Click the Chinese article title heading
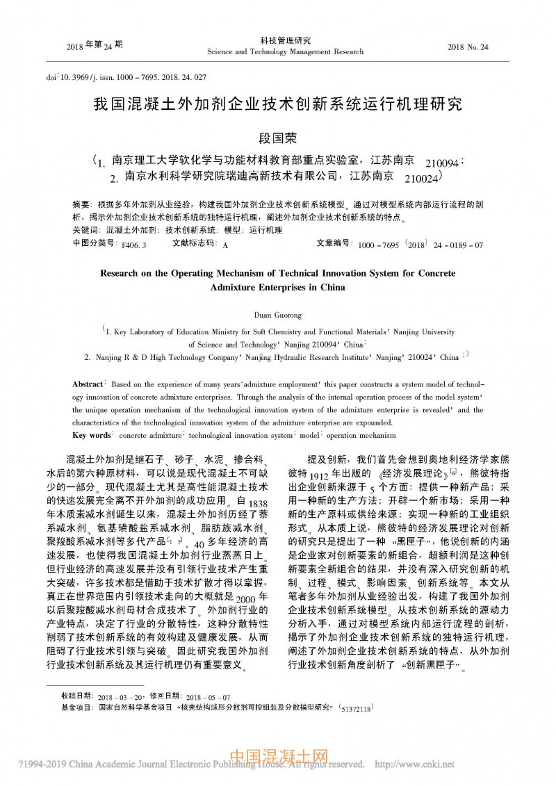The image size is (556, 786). point(278,105)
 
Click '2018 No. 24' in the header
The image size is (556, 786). point(468,47)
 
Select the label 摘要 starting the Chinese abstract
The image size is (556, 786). point(81,206)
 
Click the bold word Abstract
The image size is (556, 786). point(88,384)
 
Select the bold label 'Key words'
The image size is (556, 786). point(92,435)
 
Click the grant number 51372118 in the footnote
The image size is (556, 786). point(355,707)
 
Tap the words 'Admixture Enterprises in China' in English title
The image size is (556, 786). point(277,286)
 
